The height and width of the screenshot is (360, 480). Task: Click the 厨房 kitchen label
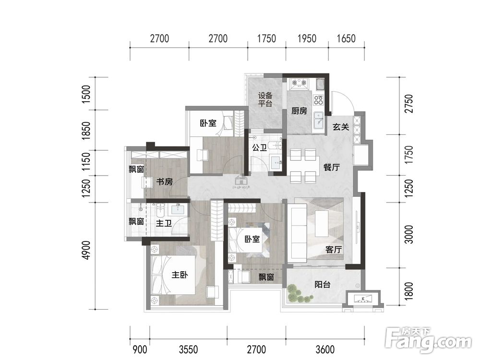(x=299, y=110)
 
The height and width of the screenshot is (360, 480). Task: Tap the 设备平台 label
(x=265, y=99)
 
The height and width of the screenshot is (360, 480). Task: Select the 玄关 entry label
(x=341, y=126)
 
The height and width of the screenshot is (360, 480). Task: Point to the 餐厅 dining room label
(x=332, y=167)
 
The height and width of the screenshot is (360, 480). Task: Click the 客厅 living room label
(x=334, y=250)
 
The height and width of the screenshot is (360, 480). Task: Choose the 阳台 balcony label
(x=323, y=284)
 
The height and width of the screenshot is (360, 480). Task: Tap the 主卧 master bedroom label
(x=180, y=275)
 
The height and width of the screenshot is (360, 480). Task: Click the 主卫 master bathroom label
(x=164, y=223)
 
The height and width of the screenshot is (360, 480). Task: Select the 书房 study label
(x=165, y=181)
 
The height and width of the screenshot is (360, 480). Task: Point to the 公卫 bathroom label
(x=260, y=148)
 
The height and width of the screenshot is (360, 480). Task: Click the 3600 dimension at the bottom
(x=325, y=349)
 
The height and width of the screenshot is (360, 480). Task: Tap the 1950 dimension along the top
(x=307, y=38)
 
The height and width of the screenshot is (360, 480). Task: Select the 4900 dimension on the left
(x=86, y=250)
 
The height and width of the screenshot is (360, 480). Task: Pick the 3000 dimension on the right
(x=408, y=234)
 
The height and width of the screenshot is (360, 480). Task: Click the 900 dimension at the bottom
(x=140, y=349)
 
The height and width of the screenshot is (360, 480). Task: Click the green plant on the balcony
(x=299, y=294)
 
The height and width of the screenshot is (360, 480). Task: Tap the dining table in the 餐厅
(x=303, y=166)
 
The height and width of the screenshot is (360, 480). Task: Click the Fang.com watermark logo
(x=428, y=340)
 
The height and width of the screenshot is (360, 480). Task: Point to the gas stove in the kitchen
(x=299, y=83)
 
